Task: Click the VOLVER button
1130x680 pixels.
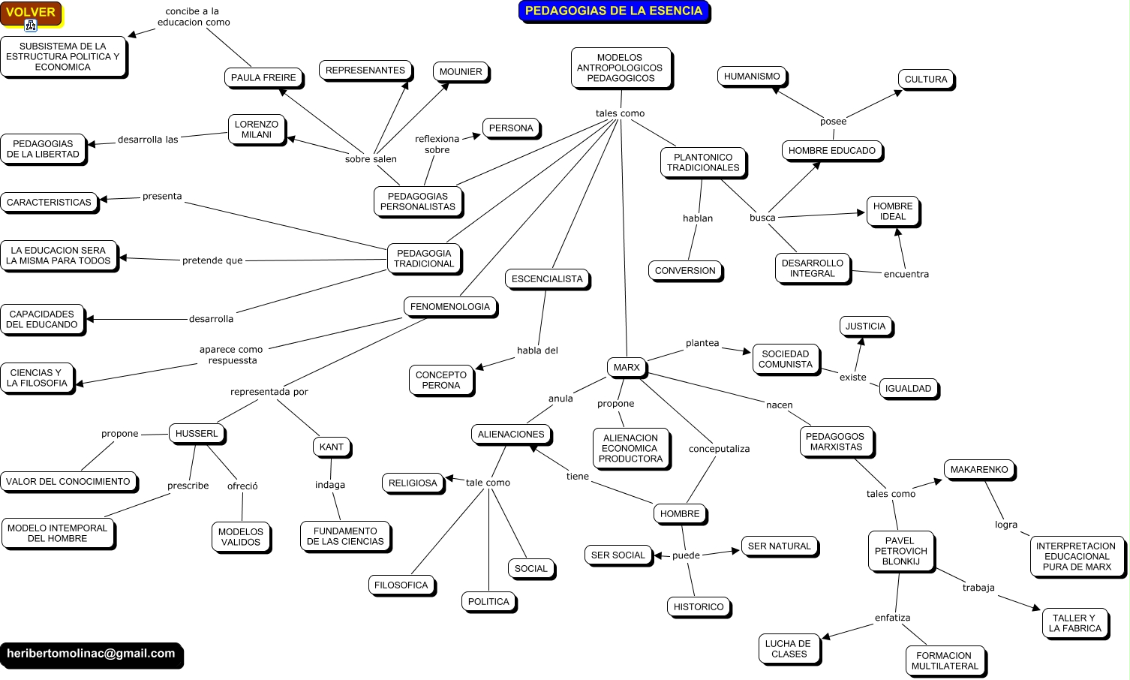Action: click(31, 12)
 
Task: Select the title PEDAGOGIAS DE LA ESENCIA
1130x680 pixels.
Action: click(613, 11)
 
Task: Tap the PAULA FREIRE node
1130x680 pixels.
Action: click(263, 77)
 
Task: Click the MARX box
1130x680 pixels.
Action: click(627, 367)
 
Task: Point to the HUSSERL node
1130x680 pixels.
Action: click(197, 433)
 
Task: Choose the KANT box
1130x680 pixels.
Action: click(331, 447)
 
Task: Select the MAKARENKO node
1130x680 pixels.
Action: click(978, 469)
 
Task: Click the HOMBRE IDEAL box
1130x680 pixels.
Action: click(892, 211)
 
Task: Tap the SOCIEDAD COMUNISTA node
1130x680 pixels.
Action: click(785, 359)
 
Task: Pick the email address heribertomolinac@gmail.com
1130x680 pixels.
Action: click(91, 654)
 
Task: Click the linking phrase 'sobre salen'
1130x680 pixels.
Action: click(371, 159)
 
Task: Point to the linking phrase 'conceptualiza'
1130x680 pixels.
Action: click(719, 449)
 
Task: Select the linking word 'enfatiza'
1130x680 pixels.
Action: click(892, 618)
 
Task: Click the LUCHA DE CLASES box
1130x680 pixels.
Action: click(788, 648)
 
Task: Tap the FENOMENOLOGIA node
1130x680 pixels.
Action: click(449, 306)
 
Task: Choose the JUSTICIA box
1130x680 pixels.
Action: click(865, 326)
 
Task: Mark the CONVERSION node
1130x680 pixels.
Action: click(685, 270)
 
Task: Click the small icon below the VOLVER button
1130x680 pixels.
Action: click(31, 26)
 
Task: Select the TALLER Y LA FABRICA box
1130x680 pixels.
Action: click(1074, 623)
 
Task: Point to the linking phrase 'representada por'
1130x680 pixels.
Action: click(269, 392)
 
